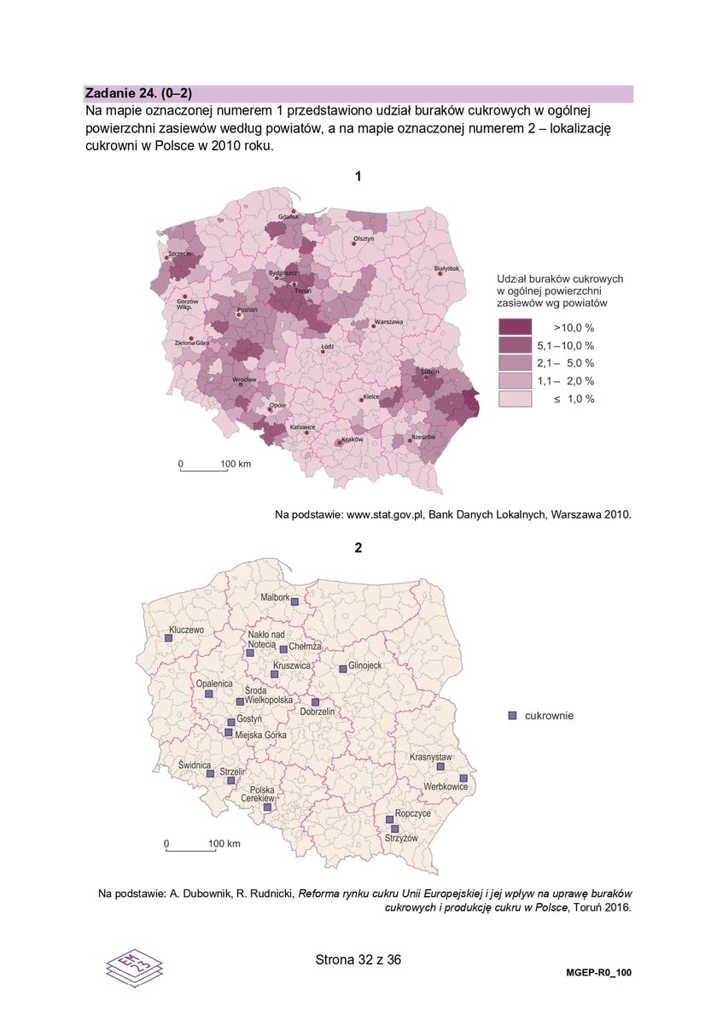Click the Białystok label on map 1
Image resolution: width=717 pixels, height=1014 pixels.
pyautogui.click(x=446, y=267)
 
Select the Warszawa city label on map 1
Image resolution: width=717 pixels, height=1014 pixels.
pyautogui.click(x=388, y=322)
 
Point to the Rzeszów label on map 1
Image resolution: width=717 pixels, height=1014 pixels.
pyautogui.click(x=423, y=437)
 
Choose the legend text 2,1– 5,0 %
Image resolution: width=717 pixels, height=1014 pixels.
pyautogui.click(x=565, y=363)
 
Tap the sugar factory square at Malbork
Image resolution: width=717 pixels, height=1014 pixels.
pyautogui.click(x=294, y=601)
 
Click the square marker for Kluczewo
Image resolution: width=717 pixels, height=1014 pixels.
pyautogui.click(x=169, y=637)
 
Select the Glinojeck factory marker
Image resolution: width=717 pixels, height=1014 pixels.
pyautogui.click(x=342, y=668)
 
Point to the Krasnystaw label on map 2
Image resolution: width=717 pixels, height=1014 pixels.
pyautogui.click(x=430, y=757)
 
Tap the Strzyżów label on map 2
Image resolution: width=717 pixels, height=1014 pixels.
pyautogui.click(x=401, y=839)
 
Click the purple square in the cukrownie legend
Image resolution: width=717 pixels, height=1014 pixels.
pyautogui.click(x=512, y=715)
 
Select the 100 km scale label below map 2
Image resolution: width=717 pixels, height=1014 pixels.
pyautogui.click(x=224, y=843)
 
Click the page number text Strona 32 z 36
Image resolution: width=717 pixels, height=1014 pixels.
pyautogui.click(x=358, y=959)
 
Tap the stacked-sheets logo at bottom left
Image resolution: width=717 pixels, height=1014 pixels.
pyautogui.click(x=134, y=966)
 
